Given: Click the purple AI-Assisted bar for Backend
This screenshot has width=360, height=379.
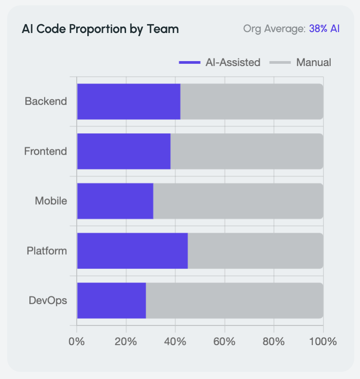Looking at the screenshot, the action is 129,102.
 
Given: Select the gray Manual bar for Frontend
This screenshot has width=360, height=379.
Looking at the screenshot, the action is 247,151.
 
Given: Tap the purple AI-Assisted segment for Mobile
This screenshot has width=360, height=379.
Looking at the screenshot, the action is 115,201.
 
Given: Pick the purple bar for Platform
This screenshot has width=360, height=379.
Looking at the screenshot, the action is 132,251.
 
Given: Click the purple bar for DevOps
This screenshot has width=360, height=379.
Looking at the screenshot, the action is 111,301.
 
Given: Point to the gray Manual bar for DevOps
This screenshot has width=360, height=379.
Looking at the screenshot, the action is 234,301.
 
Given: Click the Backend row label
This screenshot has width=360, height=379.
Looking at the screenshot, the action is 45,101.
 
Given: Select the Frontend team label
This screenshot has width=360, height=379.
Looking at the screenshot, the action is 45,151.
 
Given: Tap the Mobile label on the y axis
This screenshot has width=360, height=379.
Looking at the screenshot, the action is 51,201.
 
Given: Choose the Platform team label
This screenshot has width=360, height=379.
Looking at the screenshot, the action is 47,251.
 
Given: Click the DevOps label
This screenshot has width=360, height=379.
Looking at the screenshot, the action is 48,301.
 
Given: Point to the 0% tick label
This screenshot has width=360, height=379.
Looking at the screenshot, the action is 77,342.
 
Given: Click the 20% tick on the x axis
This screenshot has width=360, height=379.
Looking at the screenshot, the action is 126,342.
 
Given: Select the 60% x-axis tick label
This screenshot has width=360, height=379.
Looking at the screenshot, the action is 224,342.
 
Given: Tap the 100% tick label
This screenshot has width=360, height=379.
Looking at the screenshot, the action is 323,342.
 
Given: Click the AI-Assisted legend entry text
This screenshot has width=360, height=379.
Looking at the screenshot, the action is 233,62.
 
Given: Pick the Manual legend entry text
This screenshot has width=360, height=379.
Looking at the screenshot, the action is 313,62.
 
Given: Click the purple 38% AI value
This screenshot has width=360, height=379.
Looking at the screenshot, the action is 324,29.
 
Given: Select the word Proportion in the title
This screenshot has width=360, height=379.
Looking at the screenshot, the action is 98,29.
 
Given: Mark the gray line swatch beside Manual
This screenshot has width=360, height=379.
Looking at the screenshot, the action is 280,62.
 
